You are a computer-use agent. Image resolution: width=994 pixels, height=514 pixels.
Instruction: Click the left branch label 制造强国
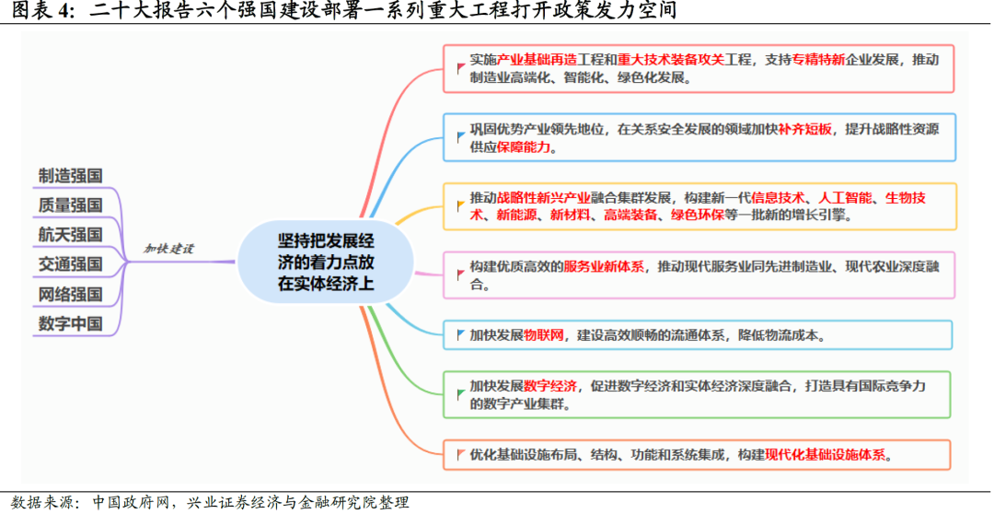pos(70,175)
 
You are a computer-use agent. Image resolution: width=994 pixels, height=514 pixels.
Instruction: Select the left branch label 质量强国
pos(70,204)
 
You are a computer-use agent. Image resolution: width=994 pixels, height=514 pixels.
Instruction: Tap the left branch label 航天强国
pos(70,234)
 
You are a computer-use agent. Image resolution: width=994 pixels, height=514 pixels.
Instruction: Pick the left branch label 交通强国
pos(70,264)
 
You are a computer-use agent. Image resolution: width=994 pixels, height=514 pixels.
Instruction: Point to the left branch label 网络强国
pos(70,295)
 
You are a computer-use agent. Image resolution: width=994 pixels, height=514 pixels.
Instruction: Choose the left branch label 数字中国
pos(70,324)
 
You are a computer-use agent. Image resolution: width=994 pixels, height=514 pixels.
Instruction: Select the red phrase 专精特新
pos(818,60)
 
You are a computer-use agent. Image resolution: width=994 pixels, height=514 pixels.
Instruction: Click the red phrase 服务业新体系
pos(604,266)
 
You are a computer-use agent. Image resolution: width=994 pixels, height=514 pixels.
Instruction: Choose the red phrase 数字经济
pos(549,386)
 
